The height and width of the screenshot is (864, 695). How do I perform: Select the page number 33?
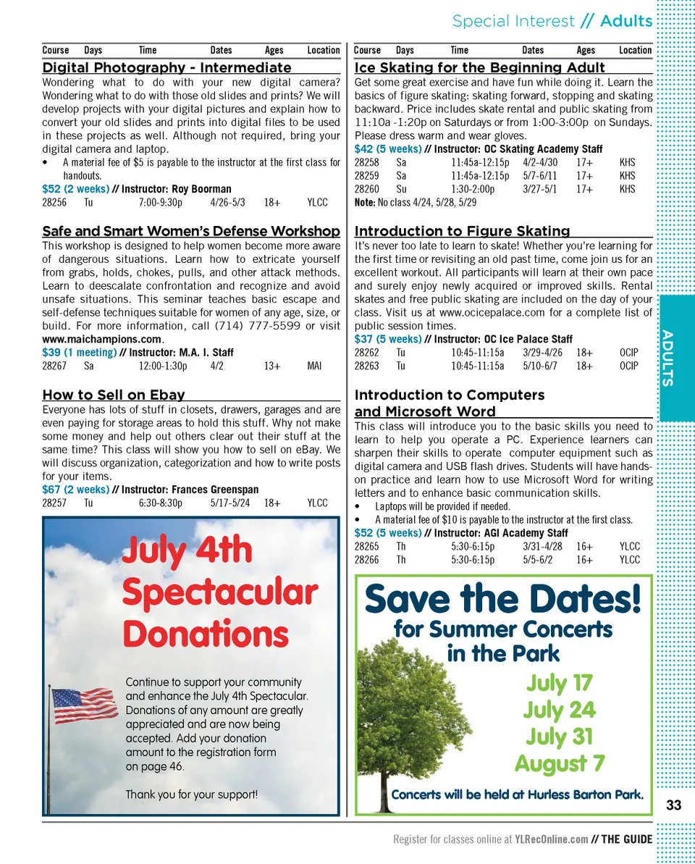674,805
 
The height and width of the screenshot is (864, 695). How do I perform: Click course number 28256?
54,202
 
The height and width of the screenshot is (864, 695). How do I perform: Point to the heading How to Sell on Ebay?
114,395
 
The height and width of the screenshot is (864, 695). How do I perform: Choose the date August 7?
560,763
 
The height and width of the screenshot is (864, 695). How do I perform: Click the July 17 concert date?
560,682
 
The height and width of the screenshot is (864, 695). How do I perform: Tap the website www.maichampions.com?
102,339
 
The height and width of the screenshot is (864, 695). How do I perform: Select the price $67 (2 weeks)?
76,490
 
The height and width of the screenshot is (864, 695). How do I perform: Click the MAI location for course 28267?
314,366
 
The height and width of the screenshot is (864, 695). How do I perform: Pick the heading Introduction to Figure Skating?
462,231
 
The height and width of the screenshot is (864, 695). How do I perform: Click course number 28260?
366,189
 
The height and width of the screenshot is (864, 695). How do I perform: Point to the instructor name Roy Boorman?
201,189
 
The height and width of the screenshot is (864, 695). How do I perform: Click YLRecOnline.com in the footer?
551,839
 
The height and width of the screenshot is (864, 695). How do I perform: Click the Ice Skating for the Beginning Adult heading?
479,67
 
